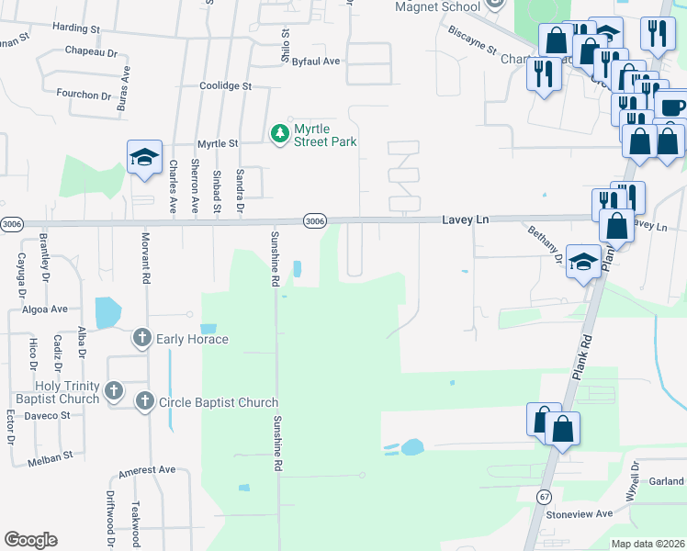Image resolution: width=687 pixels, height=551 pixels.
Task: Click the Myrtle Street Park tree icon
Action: pos(279,135)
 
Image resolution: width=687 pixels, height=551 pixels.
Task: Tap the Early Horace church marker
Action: pos(142,339)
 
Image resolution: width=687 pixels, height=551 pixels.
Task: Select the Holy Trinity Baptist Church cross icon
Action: pos(114,392)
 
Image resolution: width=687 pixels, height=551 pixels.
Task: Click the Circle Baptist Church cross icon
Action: pos(144,401)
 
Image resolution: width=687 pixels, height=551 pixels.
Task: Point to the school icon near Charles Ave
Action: pos(144,157)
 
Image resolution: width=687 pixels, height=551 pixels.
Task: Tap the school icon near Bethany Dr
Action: pos(583,262)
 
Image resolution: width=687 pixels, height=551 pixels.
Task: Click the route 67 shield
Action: pos(545,496)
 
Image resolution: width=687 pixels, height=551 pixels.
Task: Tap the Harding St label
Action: pos(75,28)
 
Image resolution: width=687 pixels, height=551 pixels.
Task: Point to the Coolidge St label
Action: pos(226,85)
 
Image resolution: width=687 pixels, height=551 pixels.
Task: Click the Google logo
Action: pos(30,540)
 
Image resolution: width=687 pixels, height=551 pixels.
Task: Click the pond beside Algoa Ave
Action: pos(107,313)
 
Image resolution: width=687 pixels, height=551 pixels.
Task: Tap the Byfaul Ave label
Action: pos(316,61)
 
